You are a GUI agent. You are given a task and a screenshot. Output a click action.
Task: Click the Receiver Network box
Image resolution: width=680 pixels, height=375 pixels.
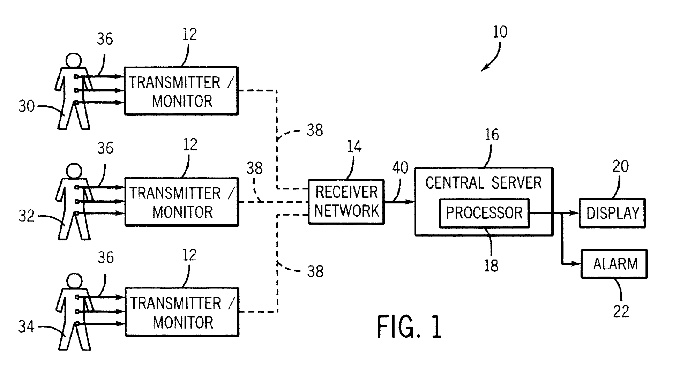click(346, 202)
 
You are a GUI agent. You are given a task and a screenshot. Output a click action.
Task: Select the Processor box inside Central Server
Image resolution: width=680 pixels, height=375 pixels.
click(484, 213)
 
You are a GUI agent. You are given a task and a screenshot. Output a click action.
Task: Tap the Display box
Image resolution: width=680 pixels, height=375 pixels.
click(612, 213)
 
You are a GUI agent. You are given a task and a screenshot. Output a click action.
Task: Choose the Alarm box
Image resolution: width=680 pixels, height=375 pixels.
click(614, 264)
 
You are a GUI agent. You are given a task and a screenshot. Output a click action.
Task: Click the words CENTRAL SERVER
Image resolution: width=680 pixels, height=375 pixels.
click(483, 183)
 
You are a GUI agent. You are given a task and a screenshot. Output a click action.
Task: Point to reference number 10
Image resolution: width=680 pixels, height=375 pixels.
click(500, 32)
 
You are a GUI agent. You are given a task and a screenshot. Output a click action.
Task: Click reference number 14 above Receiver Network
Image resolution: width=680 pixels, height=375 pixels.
click(354, 147)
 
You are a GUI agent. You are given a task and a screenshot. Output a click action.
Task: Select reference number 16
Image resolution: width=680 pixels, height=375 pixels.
click(492, 135)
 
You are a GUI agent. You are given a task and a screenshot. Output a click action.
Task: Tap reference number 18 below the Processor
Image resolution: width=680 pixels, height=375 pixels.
click(491, 266)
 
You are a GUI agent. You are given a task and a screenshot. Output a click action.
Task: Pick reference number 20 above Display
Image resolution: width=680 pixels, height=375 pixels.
click(620, 166)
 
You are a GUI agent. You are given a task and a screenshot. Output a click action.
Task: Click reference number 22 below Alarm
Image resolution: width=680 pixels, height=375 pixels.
click(621, 311)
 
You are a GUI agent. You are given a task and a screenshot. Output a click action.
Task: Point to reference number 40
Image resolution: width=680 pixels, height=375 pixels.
click(400, 168)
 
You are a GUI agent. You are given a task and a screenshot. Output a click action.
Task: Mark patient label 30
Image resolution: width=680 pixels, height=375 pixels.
click(27, 106)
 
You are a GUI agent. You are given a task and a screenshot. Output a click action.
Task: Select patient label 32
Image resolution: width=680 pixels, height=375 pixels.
click(27, 216)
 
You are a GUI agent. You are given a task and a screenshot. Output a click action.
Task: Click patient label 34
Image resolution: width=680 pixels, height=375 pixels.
click(27, 327)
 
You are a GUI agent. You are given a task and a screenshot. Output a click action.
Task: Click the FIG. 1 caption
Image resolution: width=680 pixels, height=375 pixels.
click(409, 327)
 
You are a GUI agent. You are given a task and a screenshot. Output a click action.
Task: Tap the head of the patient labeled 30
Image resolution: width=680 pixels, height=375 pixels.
click(74, 60)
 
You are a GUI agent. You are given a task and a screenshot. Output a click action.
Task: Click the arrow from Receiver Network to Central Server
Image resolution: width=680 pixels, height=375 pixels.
click(399, 202)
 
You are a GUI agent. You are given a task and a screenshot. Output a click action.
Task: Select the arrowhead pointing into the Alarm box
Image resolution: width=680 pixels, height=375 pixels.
click(577, 264)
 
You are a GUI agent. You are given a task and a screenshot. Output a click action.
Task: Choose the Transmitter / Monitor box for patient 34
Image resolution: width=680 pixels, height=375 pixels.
click(182, 312)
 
